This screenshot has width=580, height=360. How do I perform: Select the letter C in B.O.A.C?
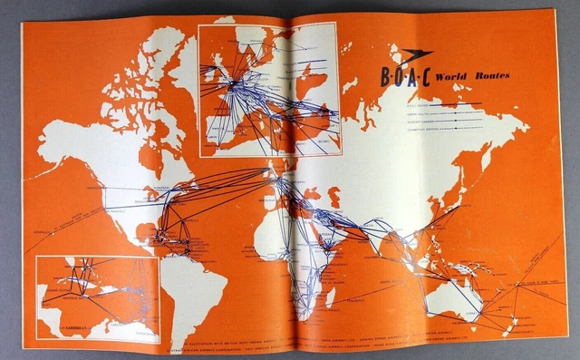pos(425,77)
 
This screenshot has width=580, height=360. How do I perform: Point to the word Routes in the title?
pos(490,77)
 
